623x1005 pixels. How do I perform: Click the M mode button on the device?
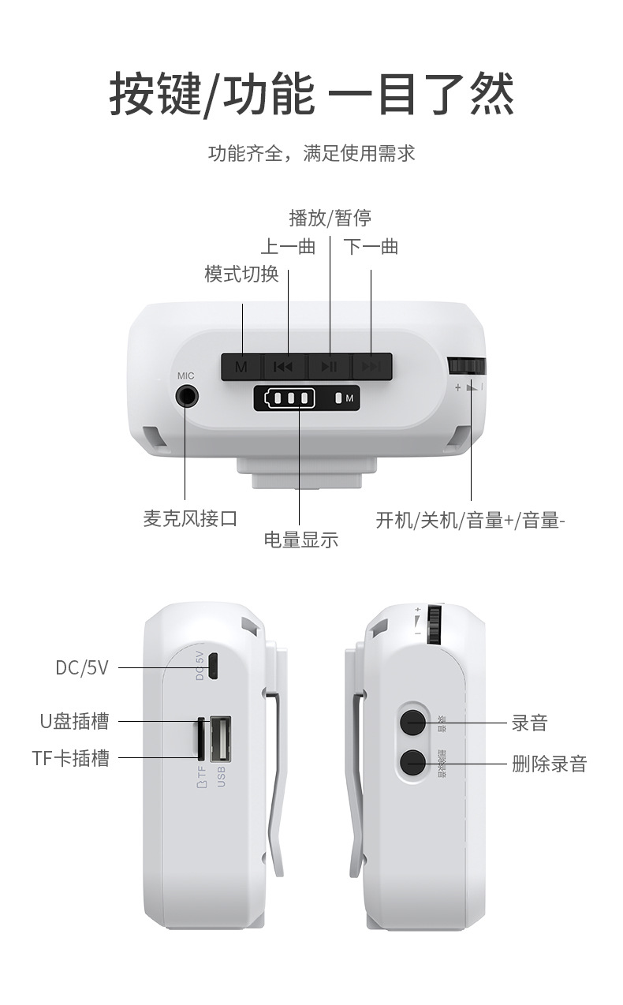tap(241, 366)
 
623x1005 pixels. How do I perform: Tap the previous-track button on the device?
tap(284, 366)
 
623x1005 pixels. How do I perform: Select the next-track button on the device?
tap(371, 366)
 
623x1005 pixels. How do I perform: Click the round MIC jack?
tap(187, 394)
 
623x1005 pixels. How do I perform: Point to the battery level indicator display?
tap(285, 398)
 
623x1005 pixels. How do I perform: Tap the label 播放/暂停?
tap(330, 217)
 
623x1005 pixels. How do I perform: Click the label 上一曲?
tap(288, 247)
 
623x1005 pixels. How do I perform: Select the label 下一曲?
tap(371, 247)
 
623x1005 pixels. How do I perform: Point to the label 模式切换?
tap(241, 274)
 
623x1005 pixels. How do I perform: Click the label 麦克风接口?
tap(190, 518)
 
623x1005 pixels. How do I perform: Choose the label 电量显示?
tap(300, 540)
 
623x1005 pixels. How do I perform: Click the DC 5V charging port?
tap(213, 667)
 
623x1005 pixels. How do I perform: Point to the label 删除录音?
tap(549, 763)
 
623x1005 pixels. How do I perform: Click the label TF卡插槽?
tap(70, 758)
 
